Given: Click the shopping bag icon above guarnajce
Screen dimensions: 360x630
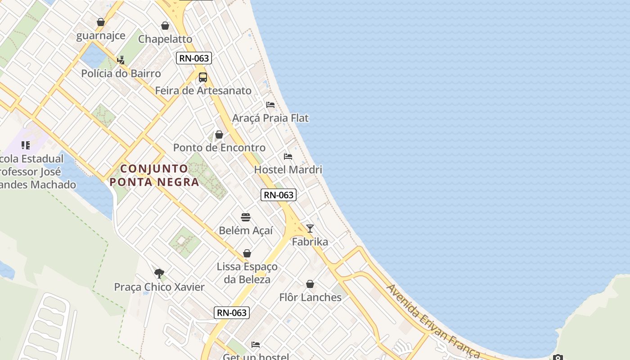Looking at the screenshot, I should (x=101, y=22).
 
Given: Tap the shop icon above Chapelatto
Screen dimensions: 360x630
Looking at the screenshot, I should (x=165, y=26).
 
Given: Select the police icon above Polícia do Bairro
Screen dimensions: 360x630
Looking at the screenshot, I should (x=121, y=59).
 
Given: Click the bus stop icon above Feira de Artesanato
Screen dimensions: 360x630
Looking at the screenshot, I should (x=203, y=77).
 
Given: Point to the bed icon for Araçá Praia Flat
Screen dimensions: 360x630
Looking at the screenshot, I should (x=270, y=104).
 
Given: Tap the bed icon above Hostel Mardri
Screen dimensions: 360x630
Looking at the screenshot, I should (x=288, y=156).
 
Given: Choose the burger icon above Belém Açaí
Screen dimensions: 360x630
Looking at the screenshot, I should (x=246, y=217).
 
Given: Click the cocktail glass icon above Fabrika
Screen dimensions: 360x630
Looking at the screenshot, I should (x=310, y=228).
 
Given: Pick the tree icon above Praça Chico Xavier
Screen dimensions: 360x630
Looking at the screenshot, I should (x=159, y=273).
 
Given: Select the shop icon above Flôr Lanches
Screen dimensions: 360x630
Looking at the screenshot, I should (x=310, y=284).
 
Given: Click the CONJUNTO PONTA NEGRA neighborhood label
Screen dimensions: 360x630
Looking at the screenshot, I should (x=154, y=175).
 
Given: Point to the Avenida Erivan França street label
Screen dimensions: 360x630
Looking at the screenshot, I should (x=432, y=320).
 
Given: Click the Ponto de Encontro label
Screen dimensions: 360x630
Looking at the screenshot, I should (x=219, y=148).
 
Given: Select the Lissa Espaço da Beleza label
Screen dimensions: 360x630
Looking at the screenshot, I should (x=247, y=273).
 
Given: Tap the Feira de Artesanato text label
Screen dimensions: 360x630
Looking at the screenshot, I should (x=203, y=90).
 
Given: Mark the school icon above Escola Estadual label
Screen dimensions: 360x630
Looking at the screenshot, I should (x=26, y=145).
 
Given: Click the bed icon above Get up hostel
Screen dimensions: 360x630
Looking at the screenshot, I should (x=256, y=345).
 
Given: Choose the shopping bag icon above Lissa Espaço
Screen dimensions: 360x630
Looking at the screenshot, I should (x=247, y=253).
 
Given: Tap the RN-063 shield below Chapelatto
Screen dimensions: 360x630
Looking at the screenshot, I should (x=194, y=58).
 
